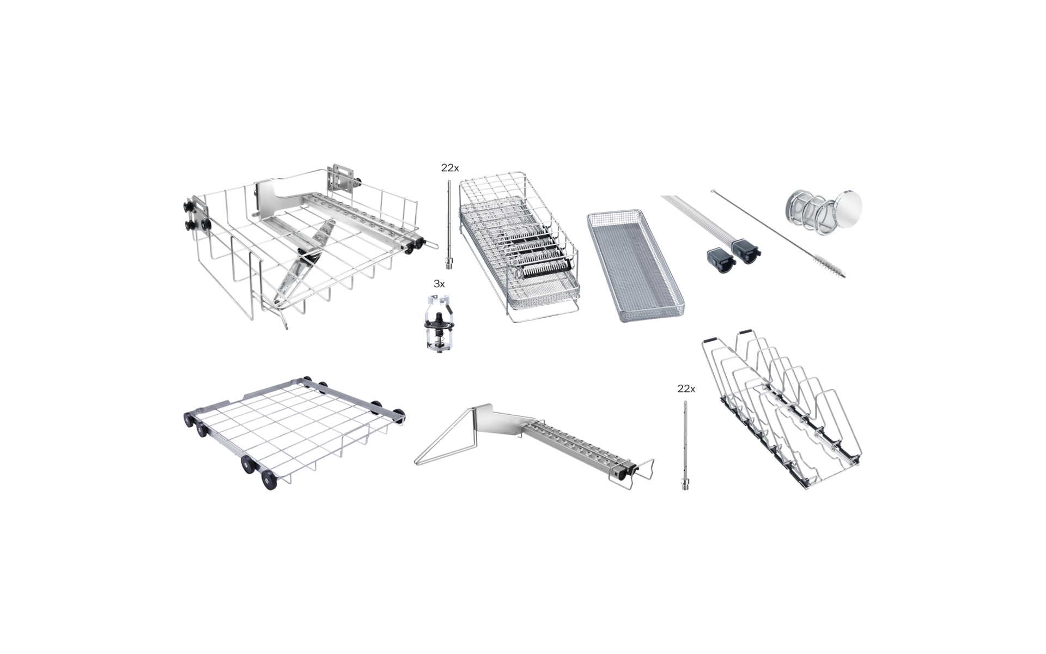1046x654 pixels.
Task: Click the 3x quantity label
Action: coord(439,284)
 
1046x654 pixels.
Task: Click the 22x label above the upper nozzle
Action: coord(450,168)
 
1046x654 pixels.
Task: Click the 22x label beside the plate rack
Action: coord(686,389)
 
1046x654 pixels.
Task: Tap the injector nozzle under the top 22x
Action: coord(449,225)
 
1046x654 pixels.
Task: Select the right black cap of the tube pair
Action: coord(746,252)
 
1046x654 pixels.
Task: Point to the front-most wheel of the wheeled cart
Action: coord(269,481)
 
